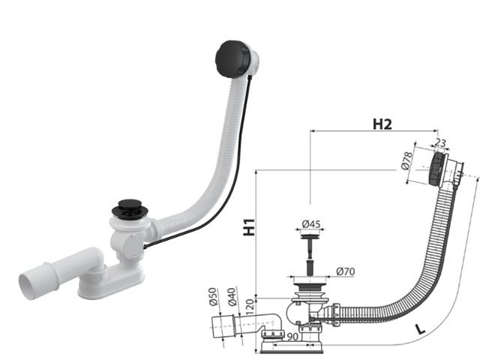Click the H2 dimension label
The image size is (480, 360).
click(382, 124)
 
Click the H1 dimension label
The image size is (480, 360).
click(249, 226)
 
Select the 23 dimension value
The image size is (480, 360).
click(440, 142)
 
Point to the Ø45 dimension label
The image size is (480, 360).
click(311, 224)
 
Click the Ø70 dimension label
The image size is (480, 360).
click(345, 271)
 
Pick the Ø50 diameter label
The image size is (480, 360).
click(213, 296)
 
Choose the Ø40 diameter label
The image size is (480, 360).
click(232, 296)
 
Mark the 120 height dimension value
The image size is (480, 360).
click(250, 307)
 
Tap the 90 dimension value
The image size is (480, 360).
click(292, 337)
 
